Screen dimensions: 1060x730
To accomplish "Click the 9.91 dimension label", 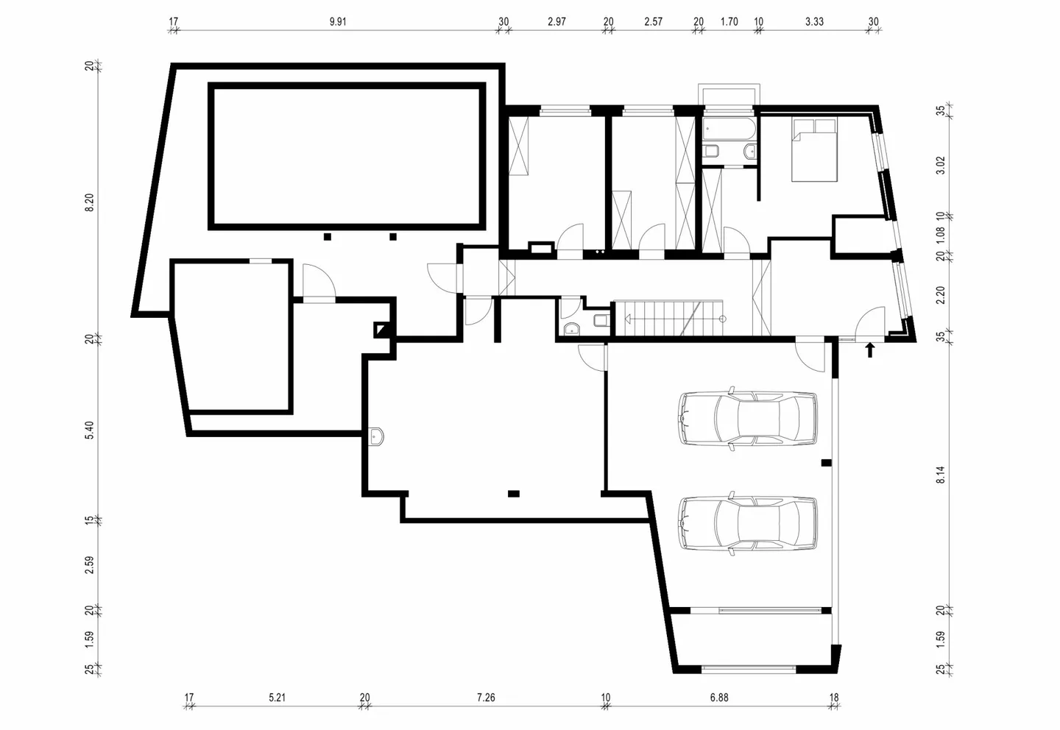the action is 338,22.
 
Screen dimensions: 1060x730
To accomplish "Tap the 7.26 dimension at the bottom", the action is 486,698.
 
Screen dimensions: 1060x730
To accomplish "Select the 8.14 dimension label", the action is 941,475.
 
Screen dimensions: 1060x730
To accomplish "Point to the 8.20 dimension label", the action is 90,202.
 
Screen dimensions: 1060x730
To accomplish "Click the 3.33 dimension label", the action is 814,22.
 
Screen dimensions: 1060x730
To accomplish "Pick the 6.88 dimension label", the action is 719,698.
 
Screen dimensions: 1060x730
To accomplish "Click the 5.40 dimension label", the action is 90,430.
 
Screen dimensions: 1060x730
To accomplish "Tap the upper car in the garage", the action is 748,418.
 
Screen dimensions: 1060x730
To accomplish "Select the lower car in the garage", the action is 748,523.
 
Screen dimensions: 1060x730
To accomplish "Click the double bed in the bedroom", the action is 815,150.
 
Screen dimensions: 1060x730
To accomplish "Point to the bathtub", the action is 729,130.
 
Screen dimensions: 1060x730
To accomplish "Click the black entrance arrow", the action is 870,350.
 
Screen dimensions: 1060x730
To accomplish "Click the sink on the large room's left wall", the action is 376,436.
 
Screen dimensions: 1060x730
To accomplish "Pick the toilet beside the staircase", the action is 601,320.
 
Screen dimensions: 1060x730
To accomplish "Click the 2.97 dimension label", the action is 556,22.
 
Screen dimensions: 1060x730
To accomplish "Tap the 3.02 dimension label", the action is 941,165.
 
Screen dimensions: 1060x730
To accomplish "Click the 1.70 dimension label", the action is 729,22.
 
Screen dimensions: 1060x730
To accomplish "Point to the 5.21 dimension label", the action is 278,698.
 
